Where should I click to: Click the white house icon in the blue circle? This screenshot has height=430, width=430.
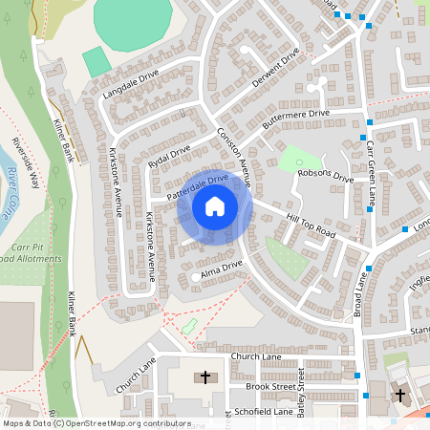[214, 205]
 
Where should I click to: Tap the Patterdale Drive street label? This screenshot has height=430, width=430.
[198, 184]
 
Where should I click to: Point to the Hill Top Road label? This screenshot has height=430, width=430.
[312, 226]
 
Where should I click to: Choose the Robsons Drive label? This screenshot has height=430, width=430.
[325, 175]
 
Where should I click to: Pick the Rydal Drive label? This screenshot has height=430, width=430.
[169, 156]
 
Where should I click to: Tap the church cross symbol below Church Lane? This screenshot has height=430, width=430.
[204, 378]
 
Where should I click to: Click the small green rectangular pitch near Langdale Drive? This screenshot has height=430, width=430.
[96, 62]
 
